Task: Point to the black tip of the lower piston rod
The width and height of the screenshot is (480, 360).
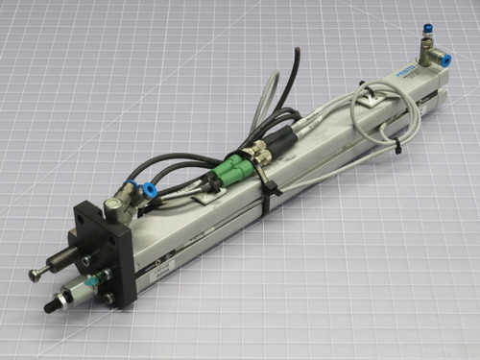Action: pos(47,306)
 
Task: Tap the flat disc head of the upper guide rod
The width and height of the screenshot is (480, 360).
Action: pos(35,276)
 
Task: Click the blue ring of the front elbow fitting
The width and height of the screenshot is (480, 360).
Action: pos(150,191)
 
